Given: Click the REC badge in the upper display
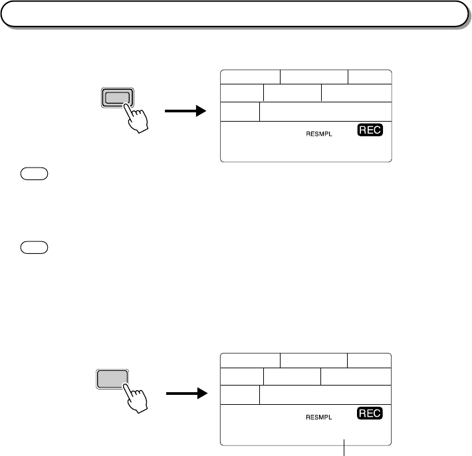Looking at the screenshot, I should [x=370, y=130].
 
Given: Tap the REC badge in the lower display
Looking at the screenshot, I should [x=370, y=413].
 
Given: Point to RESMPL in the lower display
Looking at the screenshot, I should [x=318, y=417].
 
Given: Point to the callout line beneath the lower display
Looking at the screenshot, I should [x=344, y=449].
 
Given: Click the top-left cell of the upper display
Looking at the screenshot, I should [x=250, y=76].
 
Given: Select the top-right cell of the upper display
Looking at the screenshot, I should [x=370, y=76].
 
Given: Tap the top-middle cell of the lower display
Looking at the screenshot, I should [x=314, y=360].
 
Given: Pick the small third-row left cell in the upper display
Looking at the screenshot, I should [x=239, y=112].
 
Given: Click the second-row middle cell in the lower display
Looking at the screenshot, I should [x=292, y=376].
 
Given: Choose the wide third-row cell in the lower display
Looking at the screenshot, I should [x=325, y=396].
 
